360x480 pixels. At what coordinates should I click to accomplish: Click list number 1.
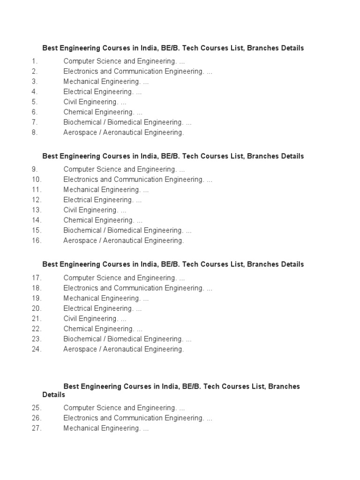[x=34, y=61]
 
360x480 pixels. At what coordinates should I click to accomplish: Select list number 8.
[x=34, y=132]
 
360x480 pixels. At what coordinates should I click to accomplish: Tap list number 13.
[x=37, y=210]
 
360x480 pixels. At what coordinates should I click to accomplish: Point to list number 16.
[x=37, y=240]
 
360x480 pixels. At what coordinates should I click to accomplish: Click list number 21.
[x=37, y=319]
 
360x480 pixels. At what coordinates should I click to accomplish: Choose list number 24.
[x=37, y=349]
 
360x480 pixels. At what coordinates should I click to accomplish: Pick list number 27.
[x=37, y=428]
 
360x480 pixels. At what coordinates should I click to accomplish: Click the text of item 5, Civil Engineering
[x=95, y=102]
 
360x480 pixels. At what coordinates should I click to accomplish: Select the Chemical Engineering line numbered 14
[x=103, y=220]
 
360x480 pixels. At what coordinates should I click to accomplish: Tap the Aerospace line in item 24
[x=124, y=349]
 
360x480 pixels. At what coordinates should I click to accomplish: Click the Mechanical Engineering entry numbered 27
[x=106, y=428]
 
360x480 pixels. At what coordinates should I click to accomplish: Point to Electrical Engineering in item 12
[x=102, y=200]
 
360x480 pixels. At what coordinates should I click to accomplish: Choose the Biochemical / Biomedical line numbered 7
[x=127, y=122]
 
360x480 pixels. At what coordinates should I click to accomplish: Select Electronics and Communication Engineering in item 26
[x=138, y=418]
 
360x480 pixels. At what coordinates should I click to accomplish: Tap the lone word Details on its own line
[x=53, y=395]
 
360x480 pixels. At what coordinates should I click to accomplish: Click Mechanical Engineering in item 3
[x=106, y=82]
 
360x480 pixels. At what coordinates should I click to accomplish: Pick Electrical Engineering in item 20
[x=102, y=308]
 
